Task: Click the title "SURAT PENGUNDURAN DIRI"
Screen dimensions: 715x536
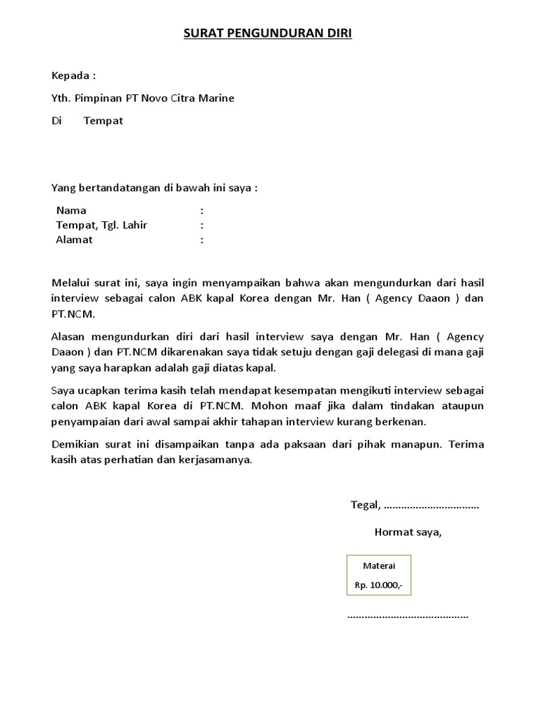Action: pyautogui.click(x=268, y=34)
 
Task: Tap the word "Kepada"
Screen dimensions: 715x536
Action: pyautogui.click(x=70, y=75)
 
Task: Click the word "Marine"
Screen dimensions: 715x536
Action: pyautogui.click(x=217, y=98)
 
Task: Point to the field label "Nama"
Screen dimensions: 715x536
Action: pyautogui.click(x=71, y=210)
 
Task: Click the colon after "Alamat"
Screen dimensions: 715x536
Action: pyautogui.click(x=202, y=239)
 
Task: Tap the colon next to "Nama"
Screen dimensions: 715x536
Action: pyautogui.click(x=202, y=210)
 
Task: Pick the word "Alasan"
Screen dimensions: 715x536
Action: pyautogui.click(x=69, y=337)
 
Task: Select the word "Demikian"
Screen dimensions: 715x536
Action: pyautogui.click(x=77, y=444)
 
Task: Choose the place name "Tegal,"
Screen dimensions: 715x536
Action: pyautogui.click(x=366, y=505)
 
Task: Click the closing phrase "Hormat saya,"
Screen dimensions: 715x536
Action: pyautogui.click(x=408, y=532)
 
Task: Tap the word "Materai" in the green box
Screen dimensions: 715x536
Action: pyautogui.click(x=379, y=566)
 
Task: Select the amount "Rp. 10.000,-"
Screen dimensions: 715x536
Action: pyautogui.click(x=379, y=585)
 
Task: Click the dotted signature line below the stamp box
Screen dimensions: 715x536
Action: pyautogui.click(x=408, y=617)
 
